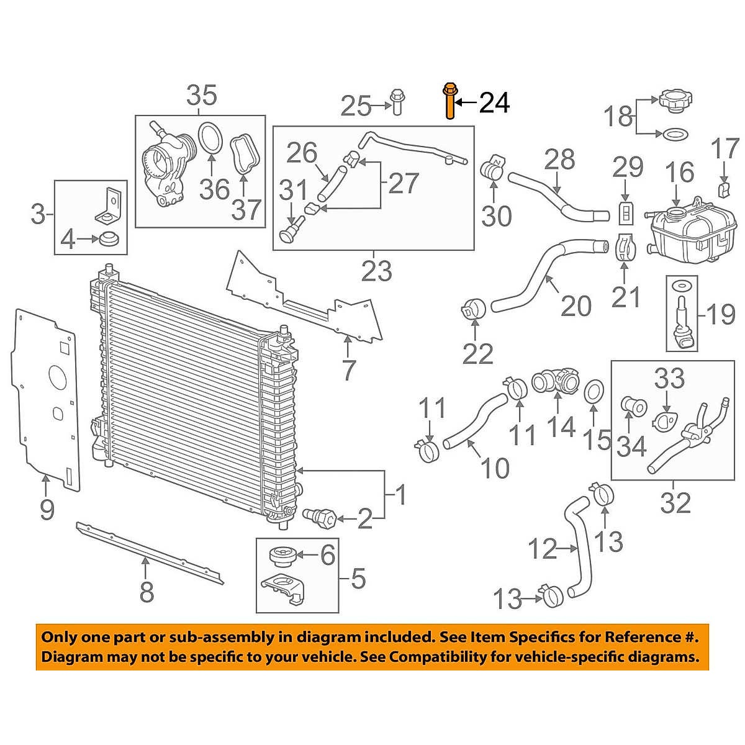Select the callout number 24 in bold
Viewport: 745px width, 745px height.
tap(494, 102)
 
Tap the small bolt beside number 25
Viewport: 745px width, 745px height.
tap(397, 102)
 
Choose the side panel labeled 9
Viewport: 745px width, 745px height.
tap(45, 397)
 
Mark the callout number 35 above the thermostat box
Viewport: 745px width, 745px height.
tap(202, 96)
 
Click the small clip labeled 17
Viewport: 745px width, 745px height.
tap(723, 188)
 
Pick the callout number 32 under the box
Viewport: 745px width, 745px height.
tap(675, 502)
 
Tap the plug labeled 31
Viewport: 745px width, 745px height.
tap(291, 230)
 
